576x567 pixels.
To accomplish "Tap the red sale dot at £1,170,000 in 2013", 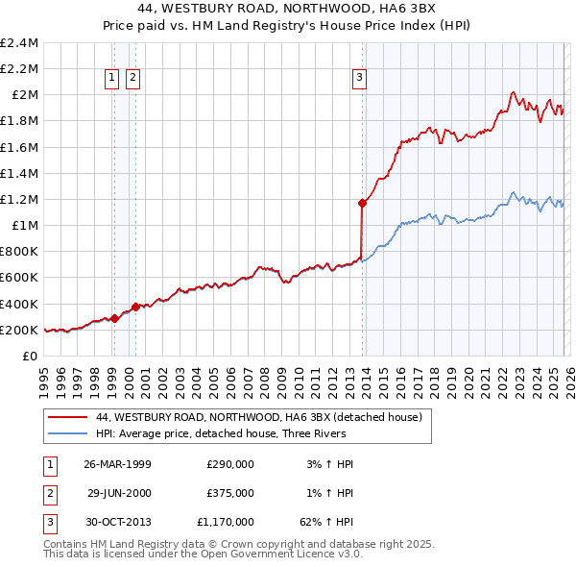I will click(x=362, y=203).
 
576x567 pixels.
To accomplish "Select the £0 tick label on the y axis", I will click(x=29, y=357).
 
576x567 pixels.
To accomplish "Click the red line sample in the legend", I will click(x=67, y=418).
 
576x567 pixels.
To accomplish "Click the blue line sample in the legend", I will click(x=67, y=433).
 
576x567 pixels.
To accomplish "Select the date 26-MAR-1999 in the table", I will click(x=118, y=464).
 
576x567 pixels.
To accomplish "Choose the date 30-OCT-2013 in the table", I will click(x=118, y=522).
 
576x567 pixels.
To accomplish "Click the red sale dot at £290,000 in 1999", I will click(x=114, y=318).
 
